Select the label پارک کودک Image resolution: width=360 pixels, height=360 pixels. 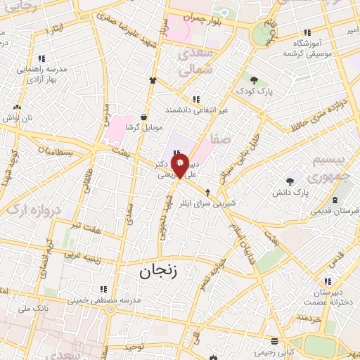254,91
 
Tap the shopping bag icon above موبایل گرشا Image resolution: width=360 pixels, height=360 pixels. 143,117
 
